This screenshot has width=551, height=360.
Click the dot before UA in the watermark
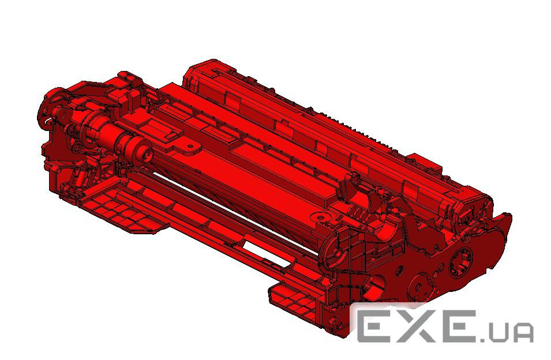(x=490, y=338)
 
